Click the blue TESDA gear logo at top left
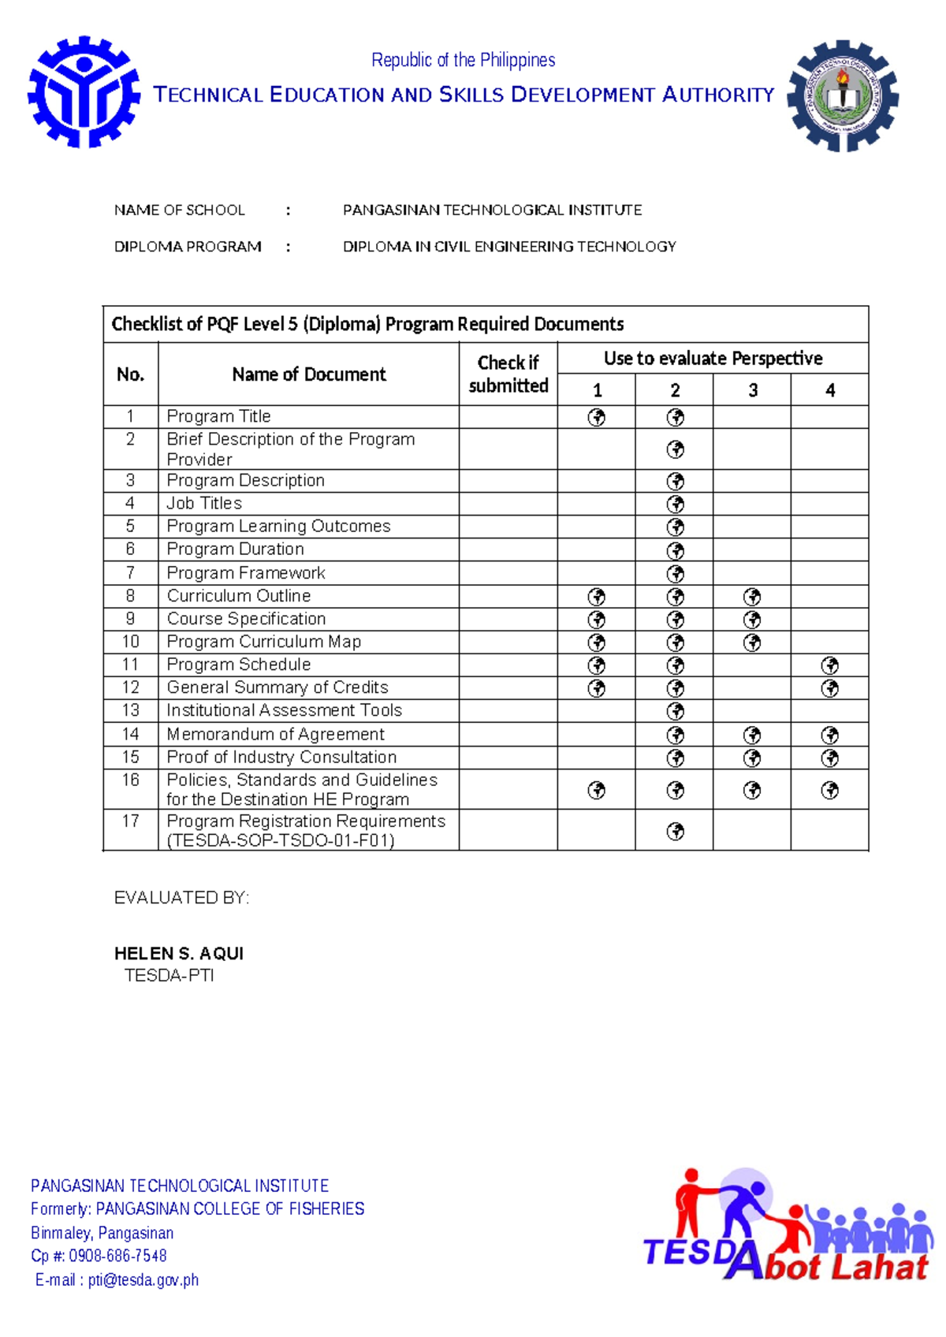pos(84,92)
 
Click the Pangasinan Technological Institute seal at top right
pos(843,96)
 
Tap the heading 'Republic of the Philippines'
pos(463,60)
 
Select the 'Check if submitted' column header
pos(508,374)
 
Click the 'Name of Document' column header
pos(308,374)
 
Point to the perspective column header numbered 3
pos(753,390)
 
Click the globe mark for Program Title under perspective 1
pos(597,417)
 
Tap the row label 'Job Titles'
pos(204,503)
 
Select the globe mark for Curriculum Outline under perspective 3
pos(753,597)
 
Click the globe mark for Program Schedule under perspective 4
pos(829,665)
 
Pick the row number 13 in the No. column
pos(130,710)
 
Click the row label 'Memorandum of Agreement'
pos(275,734)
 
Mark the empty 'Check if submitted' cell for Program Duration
pos(508,549)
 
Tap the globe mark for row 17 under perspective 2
pos(675,831)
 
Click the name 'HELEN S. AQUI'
pos(179,953)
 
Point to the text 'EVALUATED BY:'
pos(181,898)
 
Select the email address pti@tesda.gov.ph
pos(143,1280)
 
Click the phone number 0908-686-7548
pos(117,1256)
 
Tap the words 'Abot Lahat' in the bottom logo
pos(828,1266)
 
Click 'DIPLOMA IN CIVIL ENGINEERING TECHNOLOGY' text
pos(509,247)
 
